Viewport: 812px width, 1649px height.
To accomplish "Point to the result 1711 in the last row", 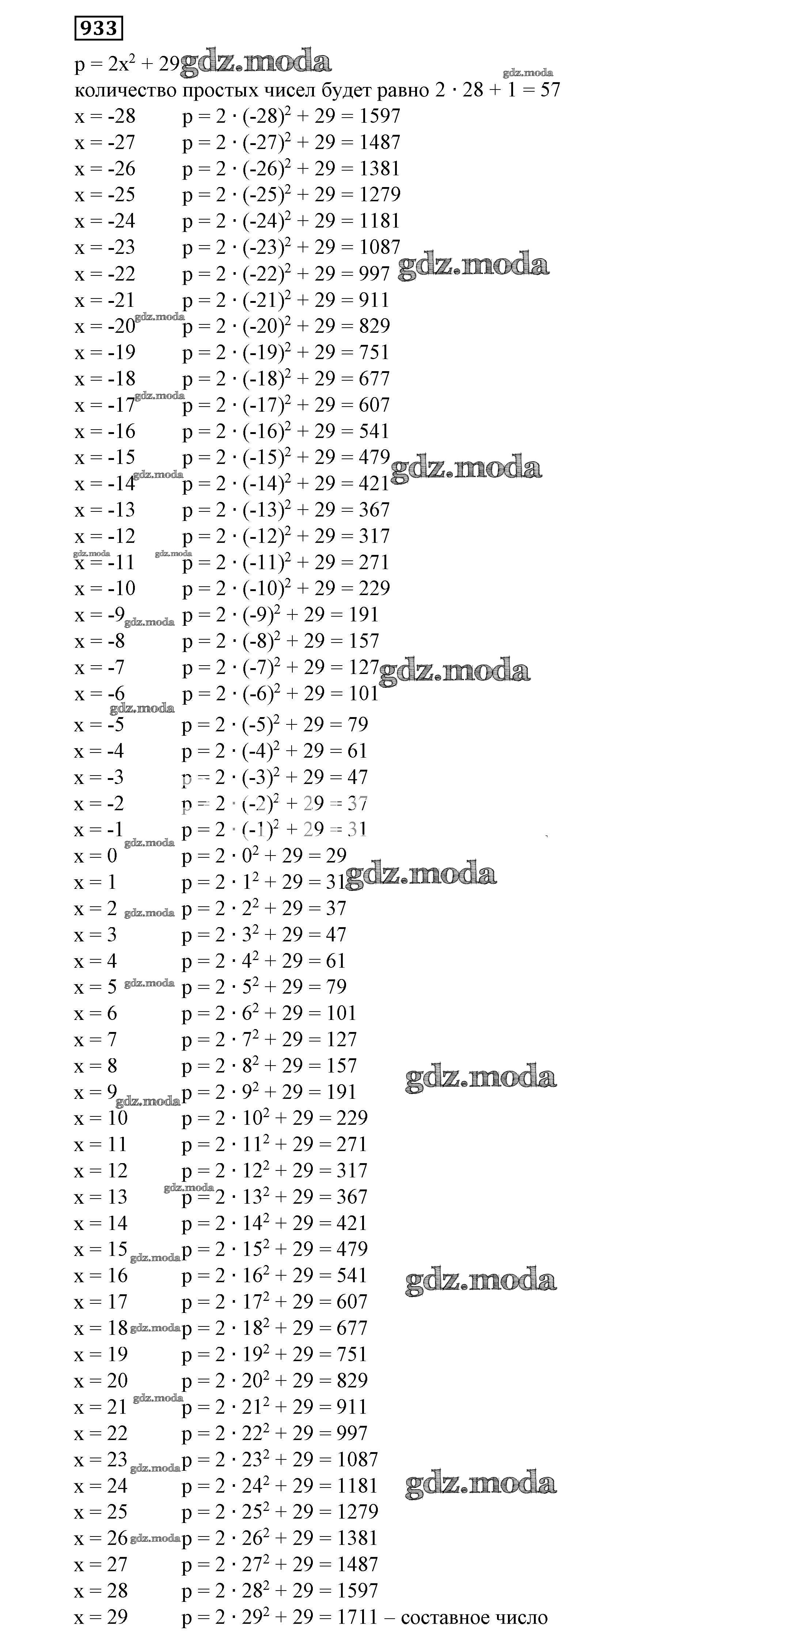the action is point(357,1616).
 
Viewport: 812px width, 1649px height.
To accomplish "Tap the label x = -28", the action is point(105,117).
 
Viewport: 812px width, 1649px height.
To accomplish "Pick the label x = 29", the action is point(100,1617).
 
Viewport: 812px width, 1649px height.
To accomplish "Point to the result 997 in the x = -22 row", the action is point(374,273).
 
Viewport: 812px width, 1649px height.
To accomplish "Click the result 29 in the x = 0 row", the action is point(336,855).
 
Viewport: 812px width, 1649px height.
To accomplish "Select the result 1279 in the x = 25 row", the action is point(357,1511).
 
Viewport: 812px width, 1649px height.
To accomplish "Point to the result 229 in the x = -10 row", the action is point(374,588).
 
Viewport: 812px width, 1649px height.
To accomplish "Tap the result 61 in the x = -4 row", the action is point(357,751).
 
